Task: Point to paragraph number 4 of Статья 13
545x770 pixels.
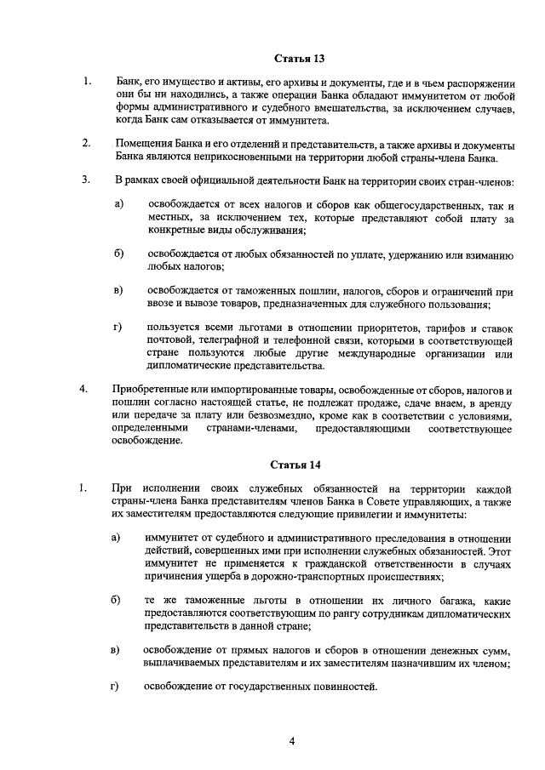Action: pos(84,390)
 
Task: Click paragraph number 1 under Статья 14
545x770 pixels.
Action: pos(84,488)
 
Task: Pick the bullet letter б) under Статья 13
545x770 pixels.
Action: pos(119,253)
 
